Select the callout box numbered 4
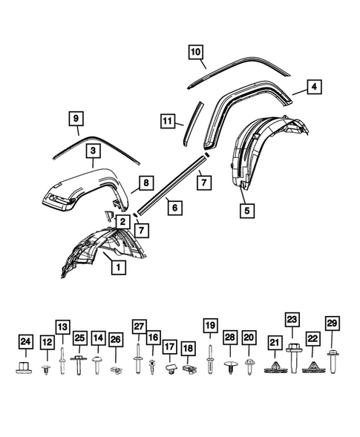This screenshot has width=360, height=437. [x=315, y=88]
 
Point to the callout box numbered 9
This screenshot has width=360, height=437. [x=75, y=117]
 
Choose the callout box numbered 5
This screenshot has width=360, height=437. [x=246, y=210]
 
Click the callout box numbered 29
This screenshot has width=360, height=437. [x=332, y=321]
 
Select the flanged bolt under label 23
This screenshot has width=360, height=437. [x=292, y=362]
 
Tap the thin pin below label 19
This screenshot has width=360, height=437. [x=210, y=360]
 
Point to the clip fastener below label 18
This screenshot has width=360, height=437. [x=189, y=367]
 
